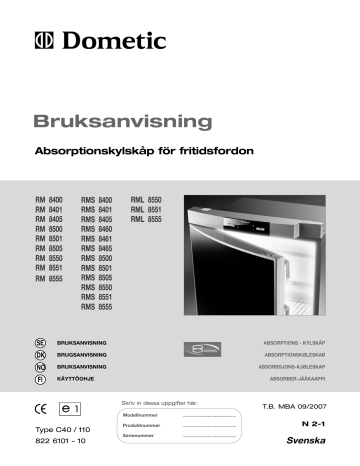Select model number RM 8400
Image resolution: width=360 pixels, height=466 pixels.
[x=49, y=201]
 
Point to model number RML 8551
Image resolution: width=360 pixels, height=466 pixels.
[x=147, y=210]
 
